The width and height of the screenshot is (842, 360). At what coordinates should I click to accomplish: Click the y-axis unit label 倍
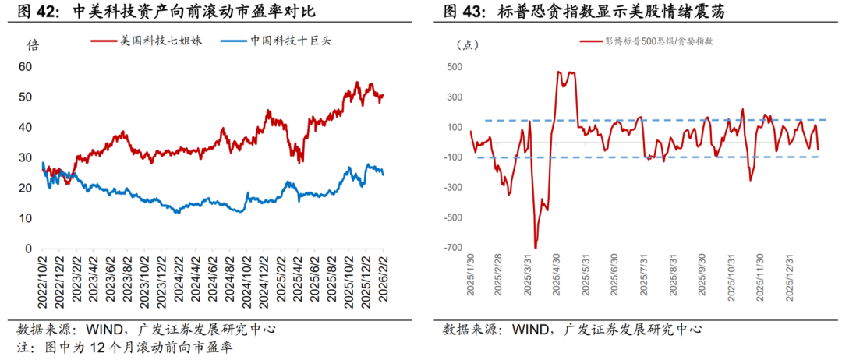coord(33,44)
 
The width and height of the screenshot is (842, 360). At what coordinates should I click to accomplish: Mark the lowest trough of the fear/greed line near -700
coord(536,247)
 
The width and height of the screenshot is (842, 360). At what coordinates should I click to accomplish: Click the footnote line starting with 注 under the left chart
coord(125,346)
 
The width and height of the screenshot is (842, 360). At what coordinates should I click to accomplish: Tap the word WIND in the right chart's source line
coord(530,329)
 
